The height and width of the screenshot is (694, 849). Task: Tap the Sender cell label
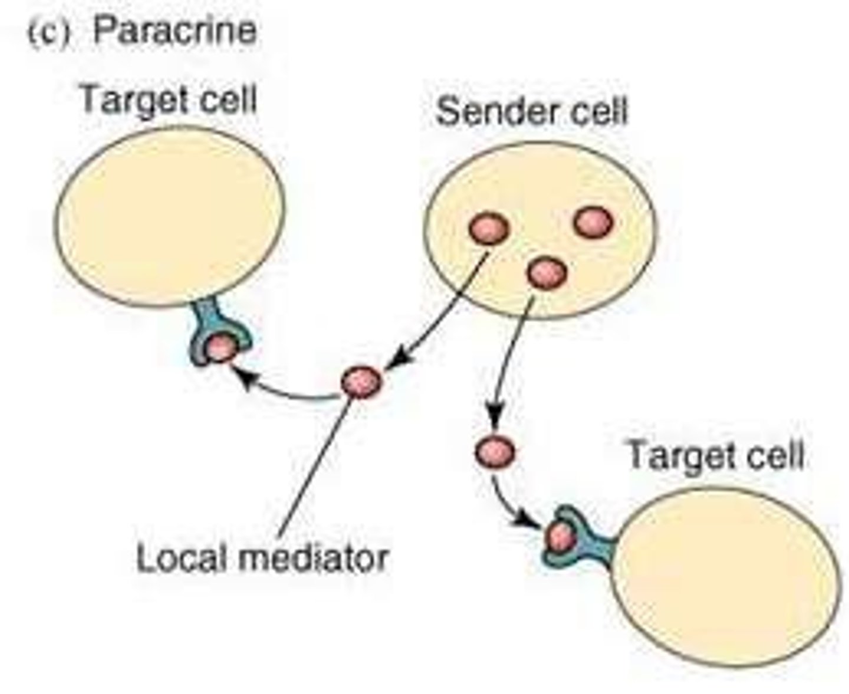pos(532,111)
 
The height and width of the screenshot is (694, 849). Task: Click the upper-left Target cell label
pos(168,99)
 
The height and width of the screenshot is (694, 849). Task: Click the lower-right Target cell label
pos(715,455)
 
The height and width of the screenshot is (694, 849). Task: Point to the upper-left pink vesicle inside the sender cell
pos(489,229)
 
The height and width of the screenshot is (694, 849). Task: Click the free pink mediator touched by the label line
pos(361,382)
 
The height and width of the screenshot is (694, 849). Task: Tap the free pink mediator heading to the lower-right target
pos(495,452)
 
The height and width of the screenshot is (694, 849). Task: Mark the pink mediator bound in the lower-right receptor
pos(560,537)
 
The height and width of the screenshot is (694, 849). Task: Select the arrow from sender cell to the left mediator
pos(442,312)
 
